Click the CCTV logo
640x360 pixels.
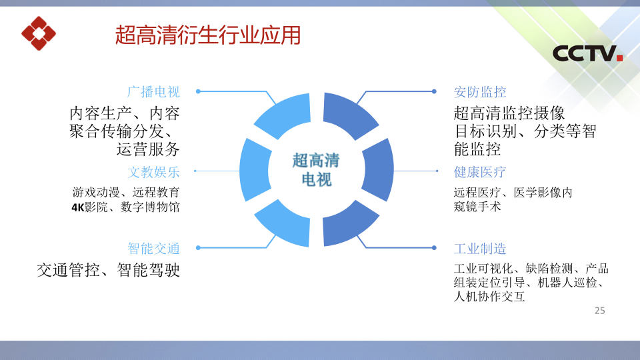tap(588, 53)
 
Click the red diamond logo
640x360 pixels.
tap(39, 33)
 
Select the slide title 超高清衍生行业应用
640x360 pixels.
tap(208, 35)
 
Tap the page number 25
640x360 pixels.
tap(599, 311)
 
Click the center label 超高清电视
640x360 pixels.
tap(316, 170)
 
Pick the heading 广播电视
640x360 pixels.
tap(153, 92)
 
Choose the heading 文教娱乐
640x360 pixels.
tap(153, 172)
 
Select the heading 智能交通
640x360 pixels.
tap(153, 248)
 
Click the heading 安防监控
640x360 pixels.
tap(480, 92)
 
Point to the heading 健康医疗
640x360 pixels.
tap(480, 172)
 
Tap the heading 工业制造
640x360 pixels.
tap(480, 248)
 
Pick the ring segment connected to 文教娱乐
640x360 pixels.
tap(252, 170)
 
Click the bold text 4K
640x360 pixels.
tap(78, 207)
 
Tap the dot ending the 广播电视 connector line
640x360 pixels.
tap(198, 91)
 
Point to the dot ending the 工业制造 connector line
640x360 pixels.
tap(434, 248)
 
